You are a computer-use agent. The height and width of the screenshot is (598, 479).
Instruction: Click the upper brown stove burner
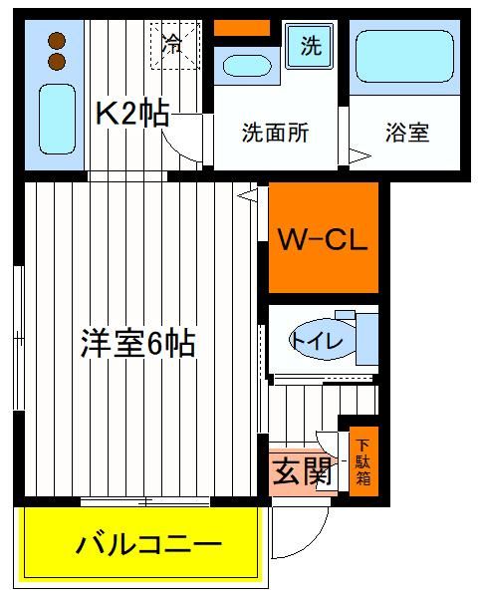[57, 41]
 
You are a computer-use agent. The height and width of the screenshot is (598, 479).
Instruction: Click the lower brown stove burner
[57, 62]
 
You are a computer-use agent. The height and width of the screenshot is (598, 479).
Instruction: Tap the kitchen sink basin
[57, 119]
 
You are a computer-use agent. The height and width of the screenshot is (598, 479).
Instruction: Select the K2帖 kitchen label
[131, 114]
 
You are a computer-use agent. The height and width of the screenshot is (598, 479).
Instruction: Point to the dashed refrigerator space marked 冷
[175, 46]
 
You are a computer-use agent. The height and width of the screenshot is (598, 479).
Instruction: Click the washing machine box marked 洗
[310, 46]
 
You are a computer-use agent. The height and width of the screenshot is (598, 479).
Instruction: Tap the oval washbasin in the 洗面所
[247, 66]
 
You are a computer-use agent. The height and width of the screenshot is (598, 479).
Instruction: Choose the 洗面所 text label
[275, 133]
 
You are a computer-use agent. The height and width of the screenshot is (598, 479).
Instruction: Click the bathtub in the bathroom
[404, 57]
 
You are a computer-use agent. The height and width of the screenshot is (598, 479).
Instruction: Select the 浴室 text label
[407, 133]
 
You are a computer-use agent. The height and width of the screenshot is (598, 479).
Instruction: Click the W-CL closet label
[323, 240]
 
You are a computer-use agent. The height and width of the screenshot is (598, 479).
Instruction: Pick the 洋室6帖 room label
[138, 343]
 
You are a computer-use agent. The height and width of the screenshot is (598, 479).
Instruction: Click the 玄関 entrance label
[302, 471]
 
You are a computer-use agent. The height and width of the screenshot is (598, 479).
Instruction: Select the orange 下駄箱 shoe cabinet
[363, 461]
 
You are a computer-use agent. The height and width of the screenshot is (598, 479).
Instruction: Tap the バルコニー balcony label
[149, 545]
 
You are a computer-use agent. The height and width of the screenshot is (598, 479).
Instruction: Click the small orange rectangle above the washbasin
[242, 28]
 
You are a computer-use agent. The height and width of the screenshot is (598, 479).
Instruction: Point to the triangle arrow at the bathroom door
[359, 155]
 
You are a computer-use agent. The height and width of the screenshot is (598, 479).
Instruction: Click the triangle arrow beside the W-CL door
[247, 195]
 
